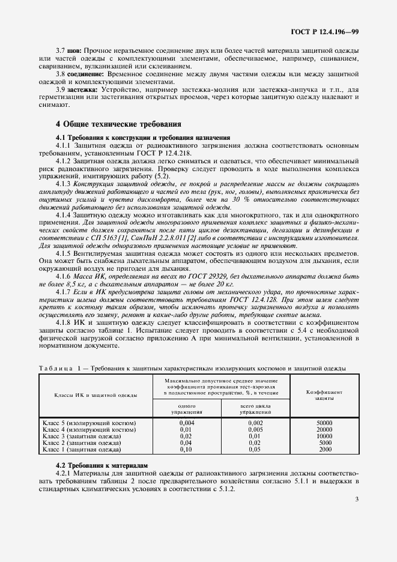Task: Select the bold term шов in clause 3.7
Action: [73, 52]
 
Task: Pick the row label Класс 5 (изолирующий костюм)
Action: [89, 423]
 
